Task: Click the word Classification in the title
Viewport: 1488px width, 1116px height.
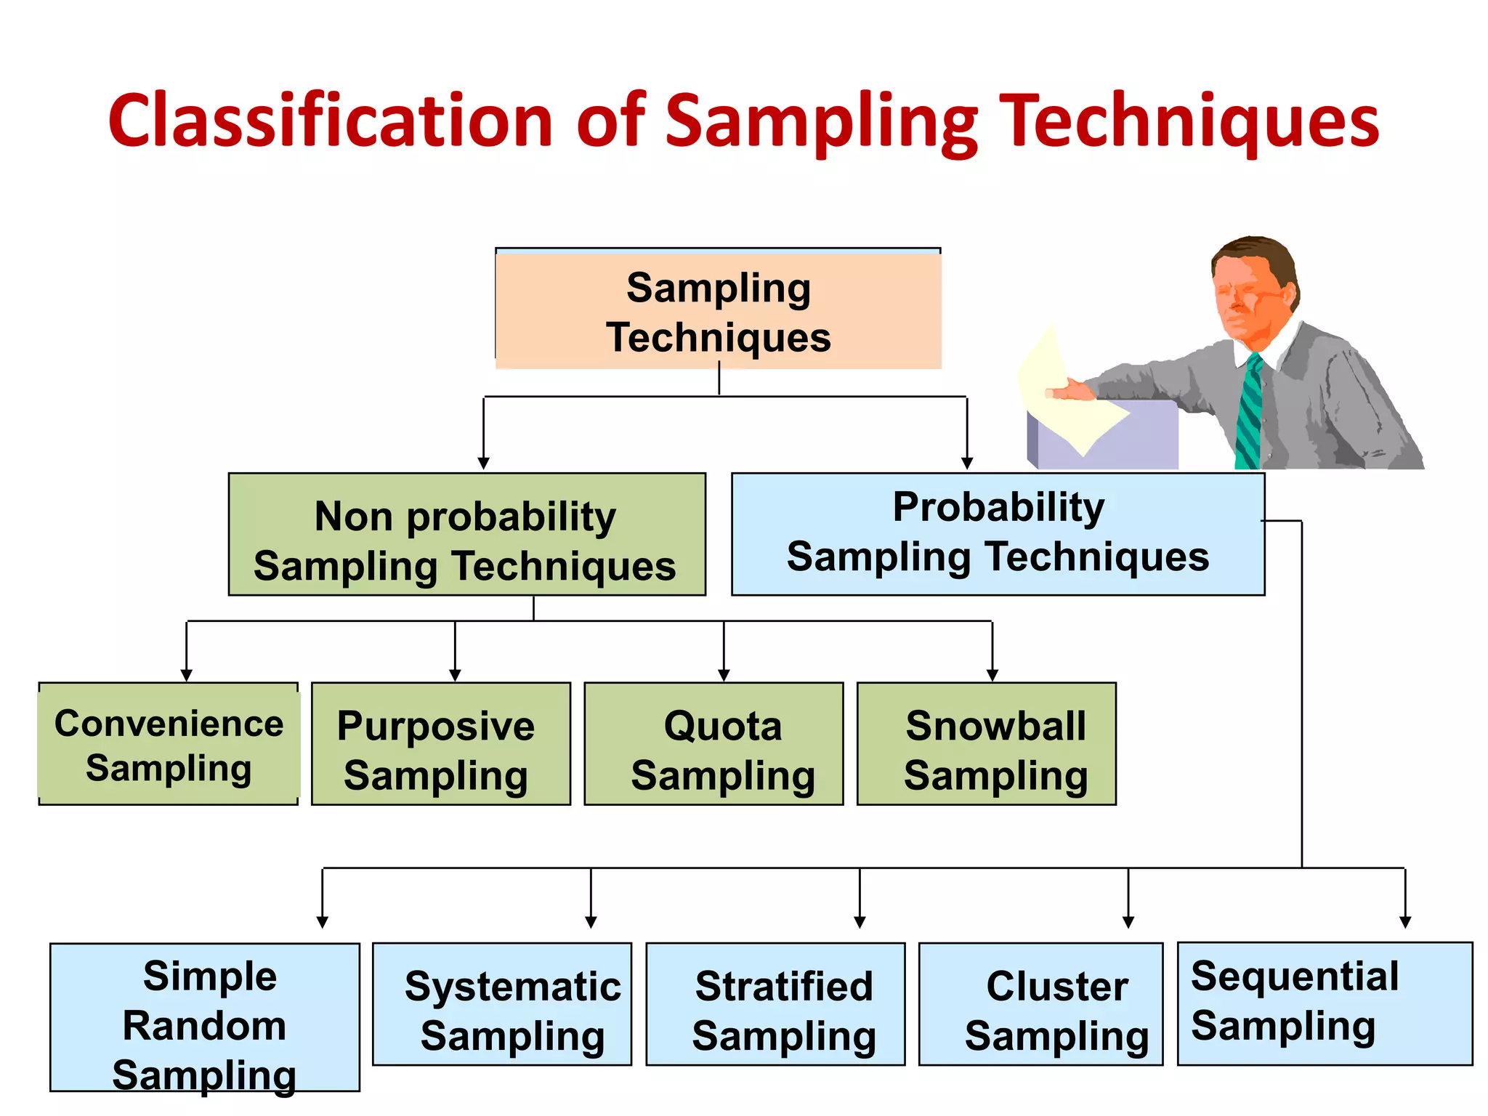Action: [331, 120]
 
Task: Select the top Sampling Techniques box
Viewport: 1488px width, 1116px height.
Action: [718, 311]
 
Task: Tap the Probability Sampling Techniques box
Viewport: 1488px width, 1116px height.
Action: [997, 534]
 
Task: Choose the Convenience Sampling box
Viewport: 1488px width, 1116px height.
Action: [169, 744]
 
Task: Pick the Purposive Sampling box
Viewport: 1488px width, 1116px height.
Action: [440, 744]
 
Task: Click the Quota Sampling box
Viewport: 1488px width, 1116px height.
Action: [713, 744]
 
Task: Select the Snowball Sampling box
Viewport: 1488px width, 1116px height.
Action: [986, 744]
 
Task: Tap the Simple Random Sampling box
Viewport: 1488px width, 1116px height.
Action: [205, 1017]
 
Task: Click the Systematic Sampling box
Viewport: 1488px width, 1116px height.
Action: [502, 1005]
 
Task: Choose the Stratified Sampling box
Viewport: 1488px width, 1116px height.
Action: [775, 1005]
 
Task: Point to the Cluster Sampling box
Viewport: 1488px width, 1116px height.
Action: [1040, 1005]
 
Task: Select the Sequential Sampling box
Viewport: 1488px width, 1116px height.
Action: [1325, 1003]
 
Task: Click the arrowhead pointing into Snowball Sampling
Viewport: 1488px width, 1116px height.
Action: [992, 675]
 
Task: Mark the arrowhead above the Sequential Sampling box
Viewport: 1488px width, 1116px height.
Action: [1405, 922]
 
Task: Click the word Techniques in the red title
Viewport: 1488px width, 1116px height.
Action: [1192, 120]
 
